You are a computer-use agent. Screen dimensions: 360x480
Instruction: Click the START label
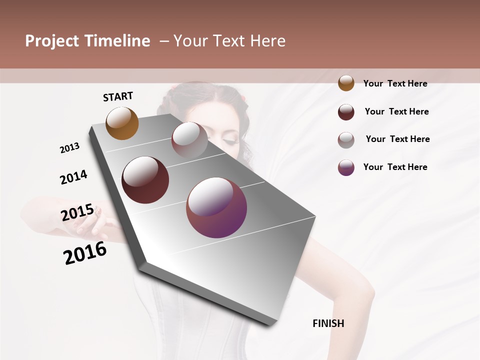click(118, 96)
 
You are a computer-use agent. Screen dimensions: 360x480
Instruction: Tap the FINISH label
click(328, 323)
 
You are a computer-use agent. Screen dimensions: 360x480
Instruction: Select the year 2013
click(69, 148)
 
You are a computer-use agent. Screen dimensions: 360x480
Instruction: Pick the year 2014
click(73, 177)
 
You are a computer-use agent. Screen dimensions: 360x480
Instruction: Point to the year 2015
click(77, 212)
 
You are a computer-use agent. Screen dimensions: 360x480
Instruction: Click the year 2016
click(85, 253)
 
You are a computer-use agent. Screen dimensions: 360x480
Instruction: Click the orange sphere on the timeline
click(122, 123)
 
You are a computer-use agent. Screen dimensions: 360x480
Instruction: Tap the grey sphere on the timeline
click(189, 140)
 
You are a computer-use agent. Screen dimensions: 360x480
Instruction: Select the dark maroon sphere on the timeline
click(145, 180)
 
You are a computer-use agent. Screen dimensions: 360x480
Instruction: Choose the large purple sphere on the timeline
click(216, 207)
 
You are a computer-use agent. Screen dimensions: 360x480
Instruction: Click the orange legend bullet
click(346, 83)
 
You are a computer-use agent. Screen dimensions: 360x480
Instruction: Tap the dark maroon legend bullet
click(346, 112)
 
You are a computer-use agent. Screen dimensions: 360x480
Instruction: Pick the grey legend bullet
click(346, 140)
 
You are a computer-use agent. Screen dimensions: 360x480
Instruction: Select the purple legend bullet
click(346, 167)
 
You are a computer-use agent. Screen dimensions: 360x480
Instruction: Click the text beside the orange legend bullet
click(395, 83)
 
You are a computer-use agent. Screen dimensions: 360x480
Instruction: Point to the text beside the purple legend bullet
click(395, 167)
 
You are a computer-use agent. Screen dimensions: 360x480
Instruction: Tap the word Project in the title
click(52, 41)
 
